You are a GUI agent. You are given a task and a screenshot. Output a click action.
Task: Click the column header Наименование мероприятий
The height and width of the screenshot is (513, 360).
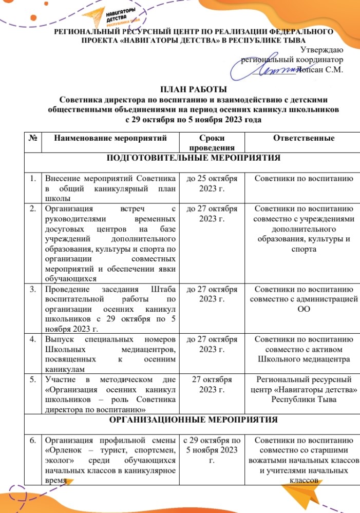tap(110, 138)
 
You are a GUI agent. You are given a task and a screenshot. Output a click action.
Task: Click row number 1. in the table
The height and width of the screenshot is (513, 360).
tap(33, 179)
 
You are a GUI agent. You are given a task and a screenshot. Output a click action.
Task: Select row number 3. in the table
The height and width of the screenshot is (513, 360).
tap(33, 289)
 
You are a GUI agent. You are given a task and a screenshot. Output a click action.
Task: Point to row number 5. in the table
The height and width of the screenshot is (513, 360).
tap(33, 379)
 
